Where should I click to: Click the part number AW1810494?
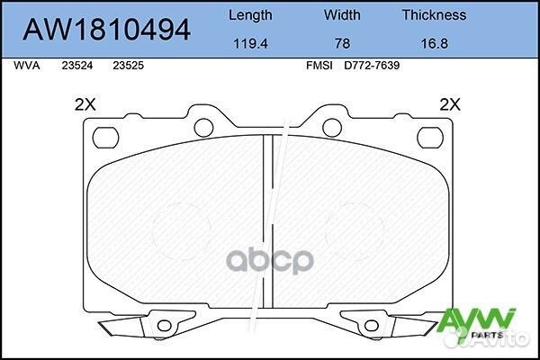point(106,30)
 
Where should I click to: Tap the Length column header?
point(250,14)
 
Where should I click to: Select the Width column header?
point(343,14)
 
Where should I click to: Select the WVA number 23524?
point(76,65)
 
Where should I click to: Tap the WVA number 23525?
point(126,65)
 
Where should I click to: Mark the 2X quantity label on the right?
point(449,104)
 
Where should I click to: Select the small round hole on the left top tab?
point(205,125)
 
